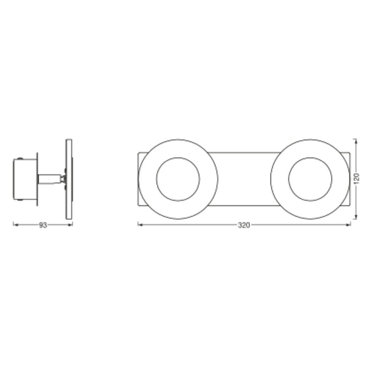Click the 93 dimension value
coord(43,225)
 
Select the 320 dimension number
coord(244,225)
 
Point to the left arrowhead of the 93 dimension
coord(16,225)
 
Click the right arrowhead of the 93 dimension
coord(70,225)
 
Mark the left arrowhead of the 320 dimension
coord(141,224)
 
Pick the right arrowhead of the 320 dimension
coord(348,224)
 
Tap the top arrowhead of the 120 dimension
coord(355,142)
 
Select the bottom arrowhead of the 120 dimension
coord(355,217)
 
